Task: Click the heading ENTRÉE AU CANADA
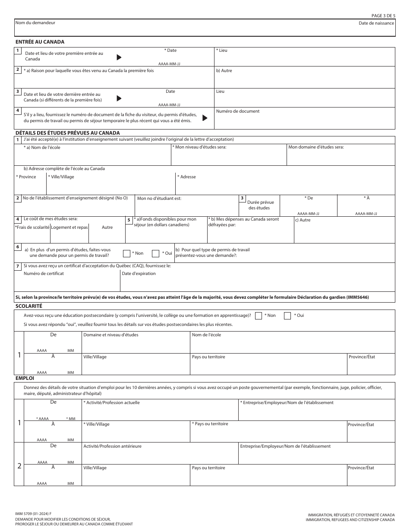tap(40, 42)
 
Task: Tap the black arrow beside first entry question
tap(119, 57)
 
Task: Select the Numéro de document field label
tap(238, 111)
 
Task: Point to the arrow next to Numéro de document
tap(205, 118)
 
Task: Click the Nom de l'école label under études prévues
tap(43, 148)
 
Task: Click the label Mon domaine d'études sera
tap(316, 147)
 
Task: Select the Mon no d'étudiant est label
tap(159, 199)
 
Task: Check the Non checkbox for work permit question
tap(127, 253)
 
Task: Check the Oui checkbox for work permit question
tap(156, 253)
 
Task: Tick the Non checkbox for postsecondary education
tap(259, 316)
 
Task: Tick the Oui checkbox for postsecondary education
tap(287, 316)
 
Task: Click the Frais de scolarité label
tap(32, 228)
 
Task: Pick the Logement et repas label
tap(69, 228)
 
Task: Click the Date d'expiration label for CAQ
tap(139, 274)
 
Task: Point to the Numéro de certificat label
tap(44, 274)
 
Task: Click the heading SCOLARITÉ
tap(29, 306)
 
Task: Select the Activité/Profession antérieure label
tap(112, 446)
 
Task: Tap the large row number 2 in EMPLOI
tap(19, 466)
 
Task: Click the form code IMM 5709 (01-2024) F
tap(33, 513)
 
